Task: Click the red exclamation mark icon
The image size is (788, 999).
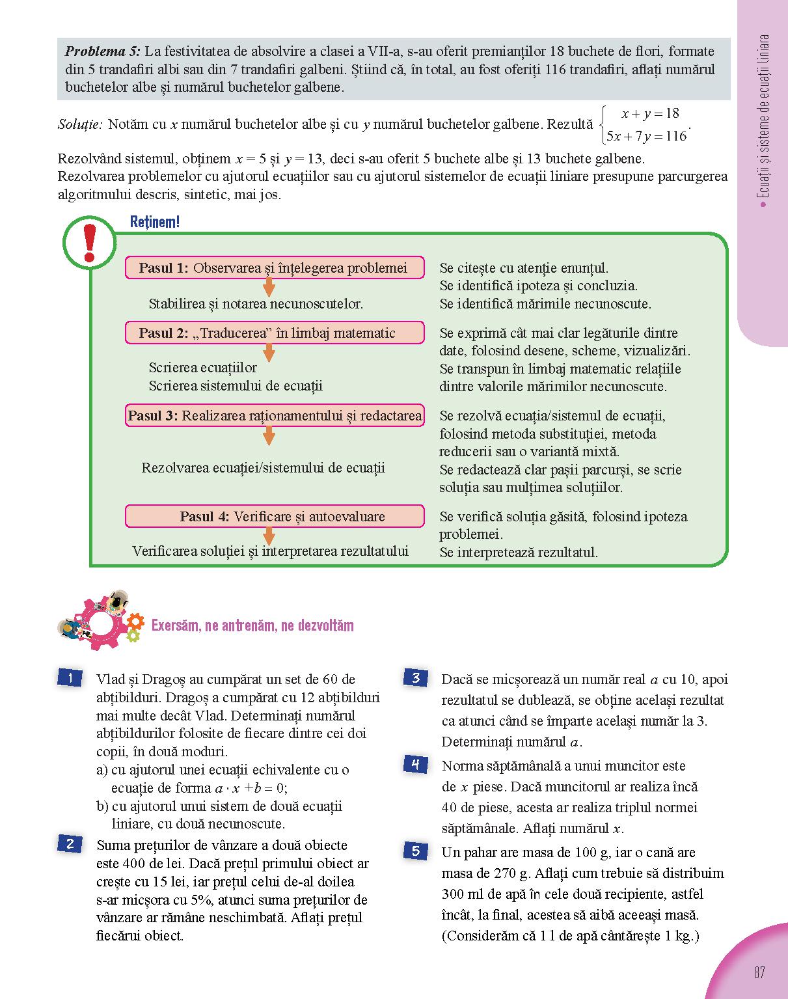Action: coord(90,244)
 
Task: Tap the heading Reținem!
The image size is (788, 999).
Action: coord(154,222)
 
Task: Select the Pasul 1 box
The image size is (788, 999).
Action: coord(274,267)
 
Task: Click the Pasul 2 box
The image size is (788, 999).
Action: coord(274,333)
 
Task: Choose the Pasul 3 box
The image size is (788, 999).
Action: coord(274,415)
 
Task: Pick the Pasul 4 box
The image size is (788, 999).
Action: coord(274,516)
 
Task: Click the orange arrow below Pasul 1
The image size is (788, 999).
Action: coord(269,287)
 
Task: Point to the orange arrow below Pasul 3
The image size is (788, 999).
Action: coord(269,435)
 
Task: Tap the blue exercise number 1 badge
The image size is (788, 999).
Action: coord(70,678)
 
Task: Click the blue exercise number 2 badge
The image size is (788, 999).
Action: coord(70,844)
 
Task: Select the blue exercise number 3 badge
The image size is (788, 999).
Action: coord(416,677)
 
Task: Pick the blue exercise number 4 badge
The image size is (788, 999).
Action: coord(416,764)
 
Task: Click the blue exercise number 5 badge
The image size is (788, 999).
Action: coord(416,851)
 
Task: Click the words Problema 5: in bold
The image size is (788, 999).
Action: coord(102,51)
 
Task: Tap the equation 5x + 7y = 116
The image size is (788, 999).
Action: coord(646,136)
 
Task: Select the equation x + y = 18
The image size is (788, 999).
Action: coord(650,113)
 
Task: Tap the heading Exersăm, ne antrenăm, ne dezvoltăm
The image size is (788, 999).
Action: coord(252,625)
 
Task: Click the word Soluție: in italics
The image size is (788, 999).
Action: coord(80,124)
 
